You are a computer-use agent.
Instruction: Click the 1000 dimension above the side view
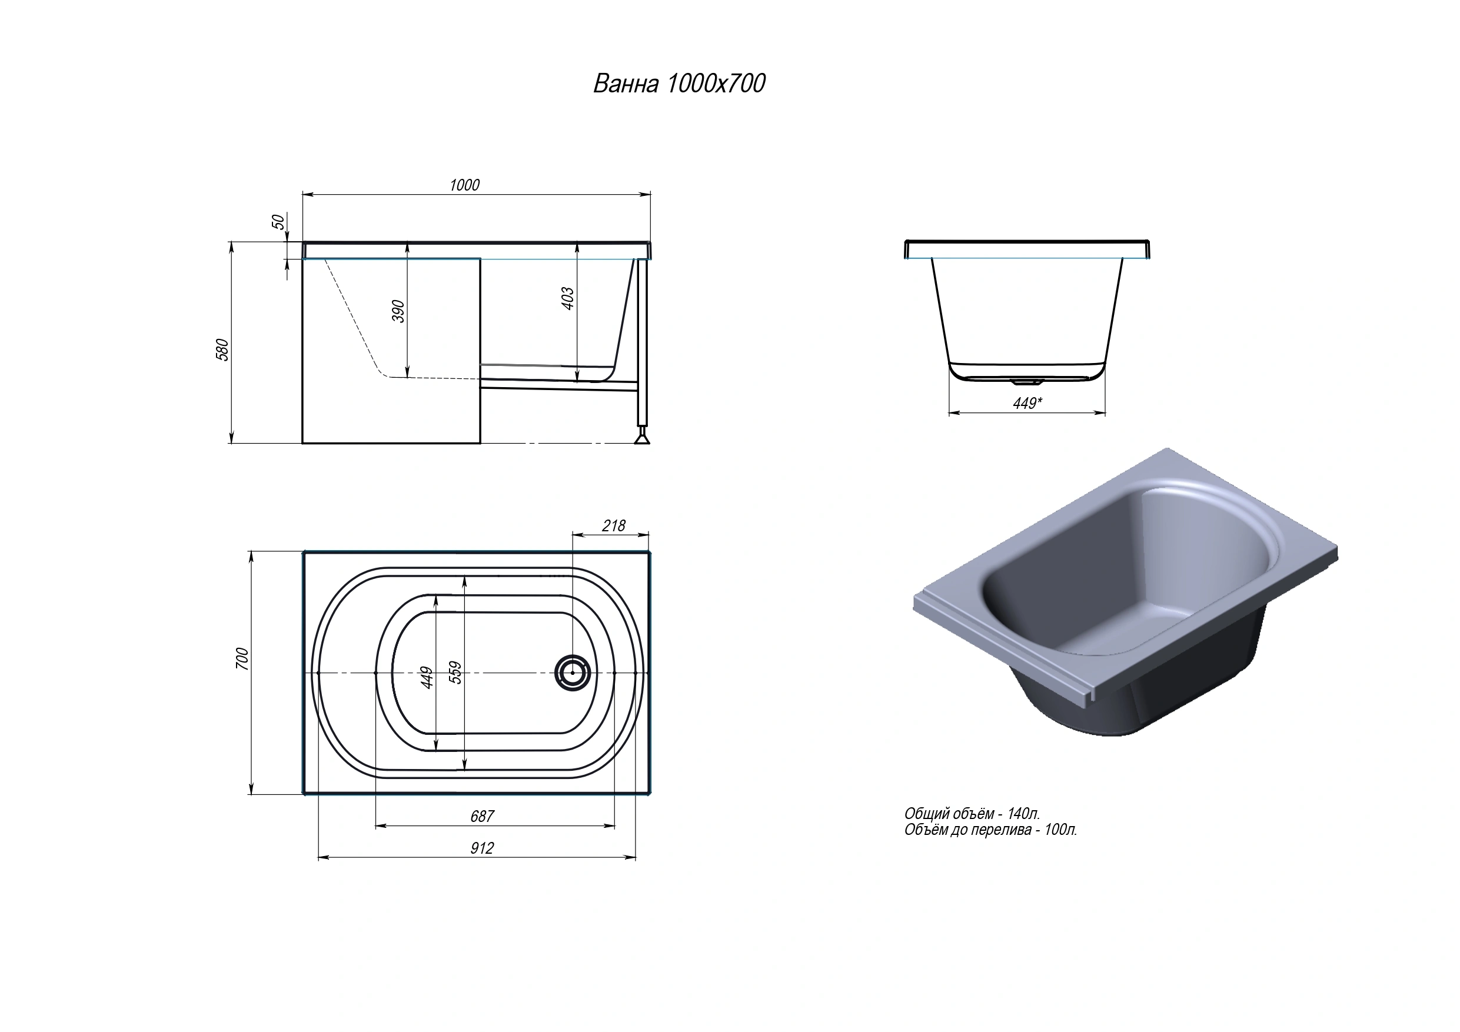click(x=464, y=185)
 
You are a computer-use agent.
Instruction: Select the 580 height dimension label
click(x=222, y=349)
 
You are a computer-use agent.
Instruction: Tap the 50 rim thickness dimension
click(x=278, y=222)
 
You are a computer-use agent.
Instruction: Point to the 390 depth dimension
click(x=398, y=311)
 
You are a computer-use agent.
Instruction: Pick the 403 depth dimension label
click(x=568, y=298)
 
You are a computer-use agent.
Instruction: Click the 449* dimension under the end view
click(x=1027, y=403)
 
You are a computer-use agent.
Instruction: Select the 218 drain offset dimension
click(x=614, y=526)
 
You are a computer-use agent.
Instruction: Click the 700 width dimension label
click(x=242, y=658)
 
